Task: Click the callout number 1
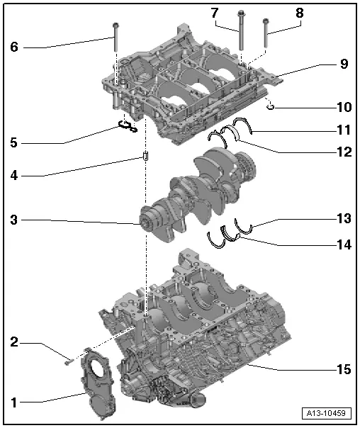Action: coord(13,402)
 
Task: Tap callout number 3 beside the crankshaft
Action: coord(13,220)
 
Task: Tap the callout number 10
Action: coord(343,107)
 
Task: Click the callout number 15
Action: coord(343,368)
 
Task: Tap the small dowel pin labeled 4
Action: coord(145,155)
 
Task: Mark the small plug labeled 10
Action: coord(270,107)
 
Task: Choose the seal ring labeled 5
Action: coord(127,127)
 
